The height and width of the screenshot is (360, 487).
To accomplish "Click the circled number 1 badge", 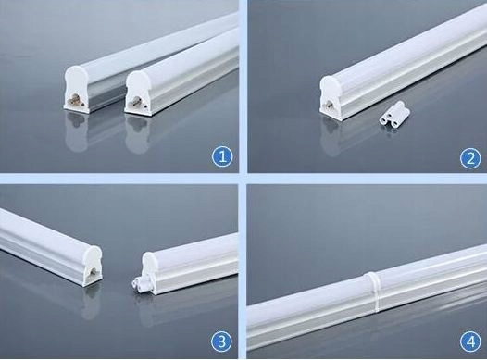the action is [x=222, y=156].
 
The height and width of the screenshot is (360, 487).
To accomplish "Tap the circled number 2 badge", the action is [x=470, y=158].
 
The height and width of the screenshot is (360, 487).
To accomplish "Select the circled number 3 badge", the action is [x=221, y=341].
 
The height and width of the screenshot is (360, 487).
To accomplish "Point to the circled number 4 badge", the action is [x=471, y=341].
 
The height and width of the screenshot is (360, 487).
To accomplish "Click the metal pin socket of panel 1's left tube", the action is [x=73, y=100].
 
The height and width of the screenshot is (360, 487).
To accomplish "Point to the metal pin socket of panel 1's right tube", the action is [x=135, y=101].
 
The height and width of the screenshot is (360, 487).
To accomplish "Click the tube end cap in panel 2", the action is [x=331, y=97].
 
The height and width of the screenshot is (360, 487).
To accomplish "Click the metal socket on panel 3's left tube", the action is [x=93, y=272].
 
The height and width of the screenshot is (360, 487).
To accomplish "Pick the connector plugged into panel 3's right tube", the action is [x=137, y=283].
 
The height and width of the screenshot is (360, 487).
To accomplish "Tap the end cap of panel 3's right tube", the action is [x=149, y=273].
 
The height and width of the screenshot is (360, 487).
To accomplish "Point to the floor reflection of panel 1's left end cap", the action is [x=76, y=133].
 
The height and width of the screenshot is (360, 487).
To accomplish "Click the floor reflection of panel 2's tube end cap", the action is [x=331, y=137].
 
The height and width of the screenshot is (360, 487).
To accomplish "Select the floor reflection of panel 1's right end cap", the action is [x=137, y=135].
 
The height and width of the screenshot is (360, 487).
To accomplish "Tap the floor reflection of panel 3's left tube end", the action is [x=92, y=302].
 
